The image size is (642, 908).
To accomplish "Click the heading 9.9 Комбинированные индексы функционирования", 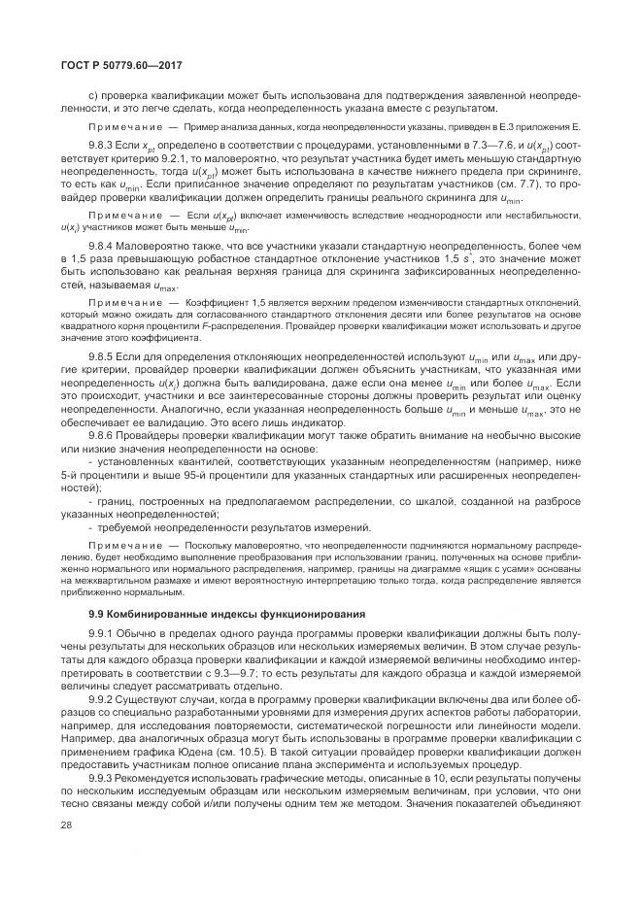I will click(226, 614).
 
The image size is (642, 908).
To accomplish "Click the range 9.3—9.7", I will click(246, 672).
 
